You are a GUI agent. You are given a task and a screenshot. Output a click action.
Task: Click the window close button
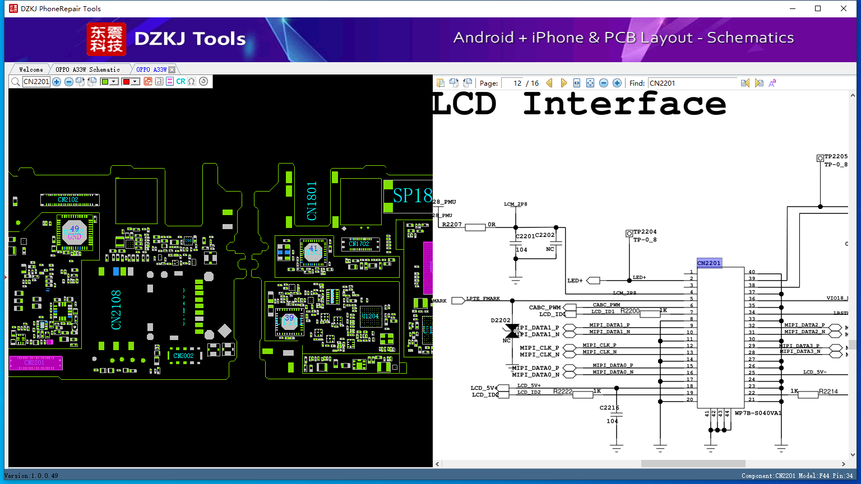(x=844, y=8)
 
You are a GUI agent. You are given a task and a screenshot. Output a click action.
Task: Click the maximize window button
(x=818, y=8)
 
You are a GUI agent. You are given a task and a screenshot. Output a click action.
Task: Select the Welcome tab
(x=31, y=69)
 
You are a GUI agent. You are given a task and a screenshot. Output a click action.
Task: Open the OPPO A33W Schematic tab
(x=87, y=69)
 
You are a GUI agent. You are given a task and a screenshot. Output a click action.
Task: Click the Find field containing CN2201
(x=692, y=83)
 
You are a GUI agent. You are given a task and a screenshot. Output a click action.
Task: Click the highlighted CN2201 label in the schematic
(x=709, y=263)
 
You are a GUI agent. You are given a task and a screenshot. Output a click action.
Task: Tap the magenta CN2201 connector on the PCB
(x=35, y=363)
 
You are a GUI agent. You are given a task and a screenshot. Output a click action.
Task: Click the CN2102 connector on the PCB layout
(x=69, y=199)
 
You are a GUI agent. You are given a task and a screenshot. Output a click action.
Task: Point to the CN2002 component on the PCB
(x=183, y=356)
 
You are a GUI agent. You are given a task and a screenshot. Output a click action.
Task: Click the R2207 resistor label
(x=452, y=224)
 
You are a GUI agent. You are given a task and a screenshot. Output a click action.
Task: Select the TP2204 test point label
(x=645, y=231)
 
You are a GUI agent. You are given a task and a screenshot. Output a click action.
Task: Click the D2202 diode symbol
(x=511, y=331)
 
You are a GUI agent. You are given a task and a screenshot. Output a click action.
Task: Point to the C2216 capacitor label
(x=609, y=408)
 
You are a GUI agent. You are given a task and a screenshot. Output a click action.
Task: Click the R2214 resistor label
(x=828, y=392)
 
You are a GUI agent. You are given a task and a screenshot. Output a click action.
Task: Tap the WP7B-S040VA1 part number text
(x=757, y=413)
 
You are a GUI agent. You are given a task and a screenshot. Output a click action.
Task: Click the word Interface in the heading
(x=624, y=104)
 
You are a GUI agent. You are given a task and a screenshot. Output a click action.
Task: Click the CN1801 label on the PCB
(x=312, y=201)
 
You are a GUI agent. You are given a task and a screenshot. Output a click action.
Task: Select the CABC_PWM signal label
(x=545, y=308)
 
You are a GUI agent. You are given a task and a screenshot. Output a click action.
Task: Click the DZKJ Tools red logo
(x=107, y=39)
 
